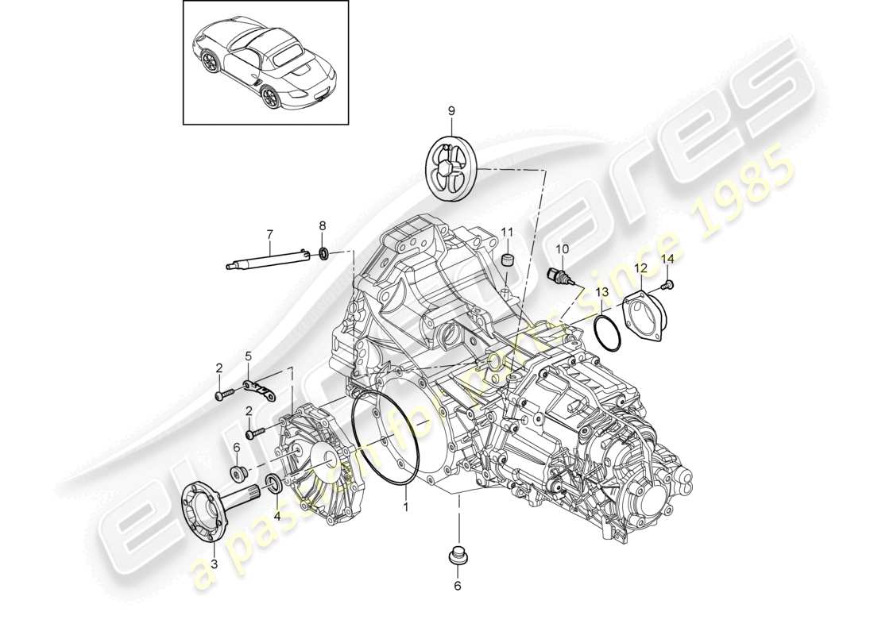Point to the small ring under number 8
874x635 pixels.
pyautogui.click(x=324, y=254)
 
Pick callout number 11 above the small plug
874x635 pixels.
pyautogui.click(x=508, y=231)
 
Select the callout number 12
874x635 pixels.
pyautogui.click(x=640, y=267)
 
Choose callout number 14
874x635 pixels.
pyautogui.click(x=667, y=260)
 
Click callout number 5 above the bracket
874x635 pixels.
pyautogui.click(x=248, y=355)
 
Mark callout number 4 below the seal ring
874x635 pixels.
pyautogui.click(x=277, y=515)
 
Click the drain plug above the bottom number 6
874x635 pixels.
pyautogui.click(x=457, y=556)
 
